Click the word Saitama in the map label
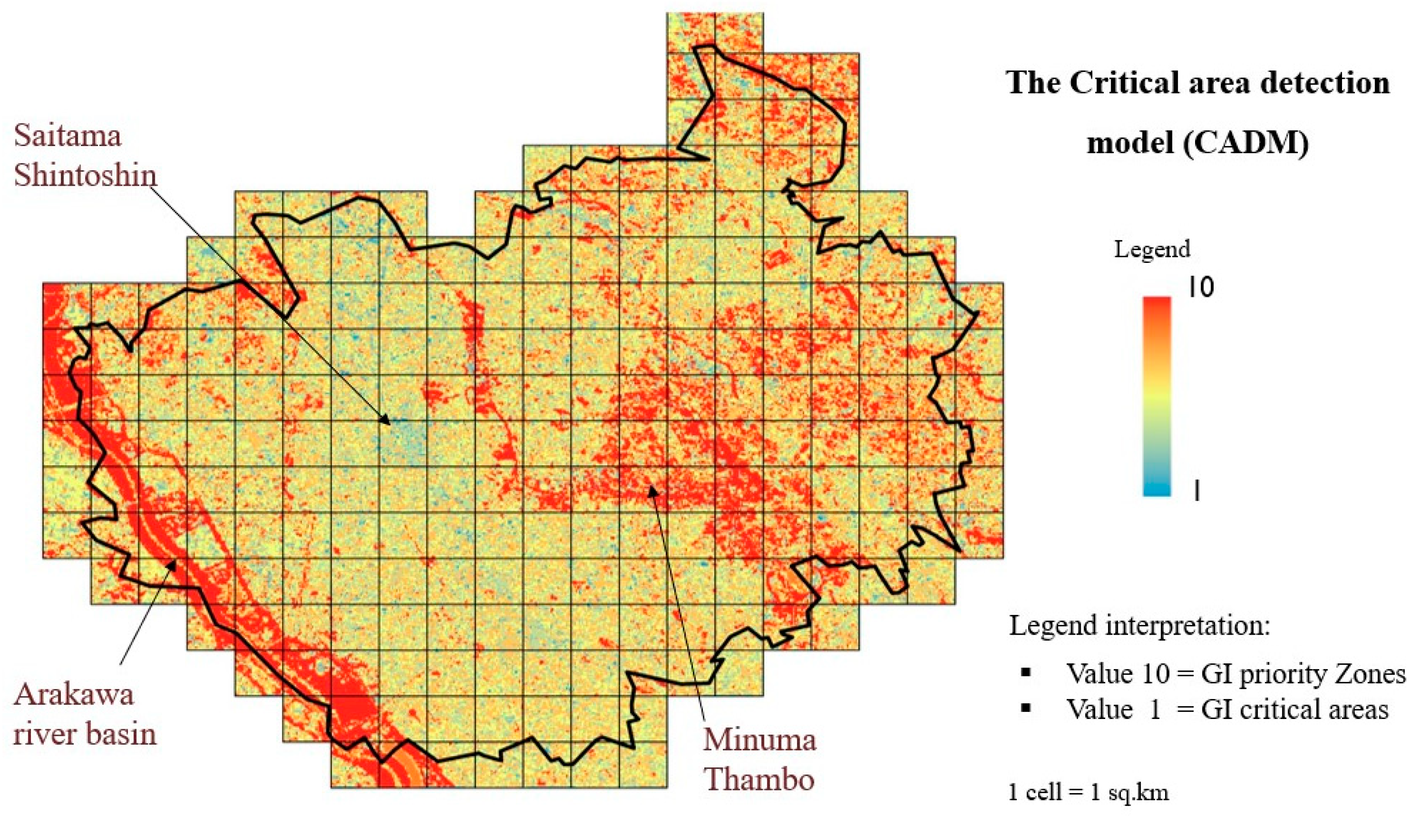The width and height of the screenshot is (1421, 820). pos(68,136)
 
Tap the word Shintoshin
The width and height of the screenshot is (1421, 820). pos(85,175)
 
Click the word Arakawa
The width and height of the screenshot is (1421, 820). pos(74,694)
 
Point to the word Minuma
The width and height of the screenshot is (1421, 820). pos(759,739)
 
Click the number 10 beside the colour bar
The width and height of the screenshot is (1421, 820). pos(1201,288)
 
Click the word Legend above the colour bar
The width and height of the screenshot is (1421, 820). pos(1152,249)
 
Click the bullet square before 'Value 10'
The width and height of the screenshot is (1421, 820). pos(1026,672)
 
